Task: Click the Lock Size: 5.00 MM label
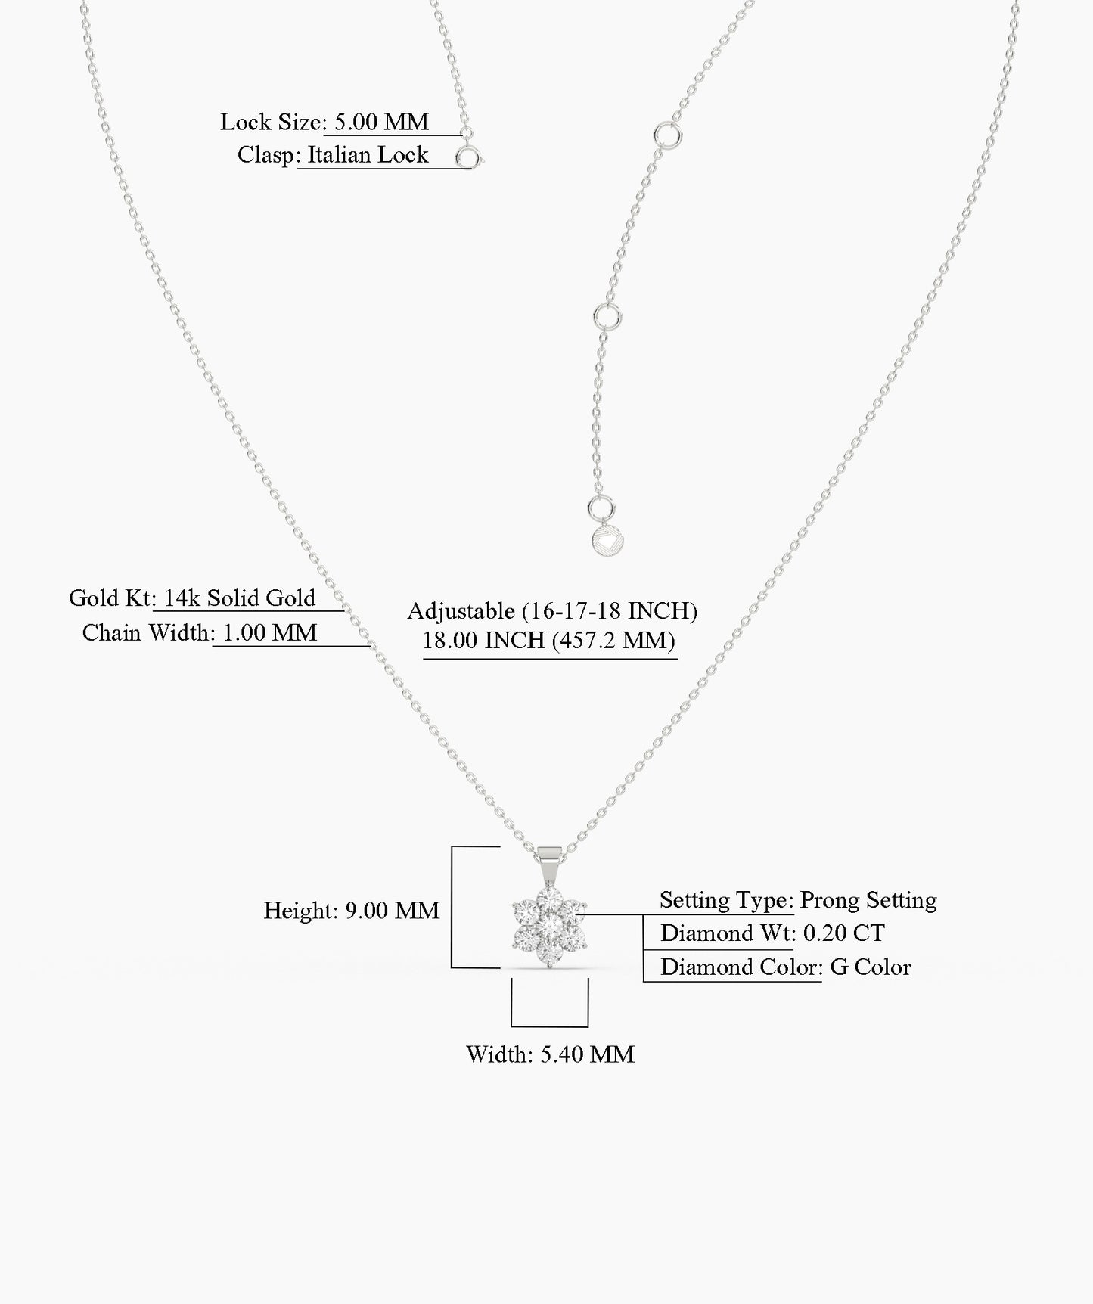pyautogui.click(x=324, y=122)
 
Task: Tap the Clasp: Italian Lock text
pyautogui.click(x=333, y=155)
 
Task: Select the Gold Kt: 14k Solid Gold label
pyautogui.click(x=192, y=598)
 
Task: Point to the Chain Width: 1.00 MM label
pyautogui.click(x=200, y=633)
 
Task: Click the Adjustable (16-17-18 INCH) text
pyautogui.click(x=552, y=610)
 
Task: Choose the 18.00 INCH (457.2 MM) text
pyautogui.click(x=549, y=641)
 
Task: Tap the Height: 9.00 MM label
pyautogui.click(x=351, y=911)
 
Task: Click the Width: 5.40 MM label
pyautogui.click(x=550, y=1054)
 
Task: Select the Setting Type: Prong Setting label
pyautogui.click(x=798, y=900)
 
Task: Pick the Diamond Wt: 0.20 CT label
pyautogui.click(x=772, y=933)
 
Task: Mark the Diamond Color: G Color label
pyautogui.click(x=786, y=967)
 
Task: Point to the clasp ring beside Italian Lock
pyautogui.click(x=468, y=158)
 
